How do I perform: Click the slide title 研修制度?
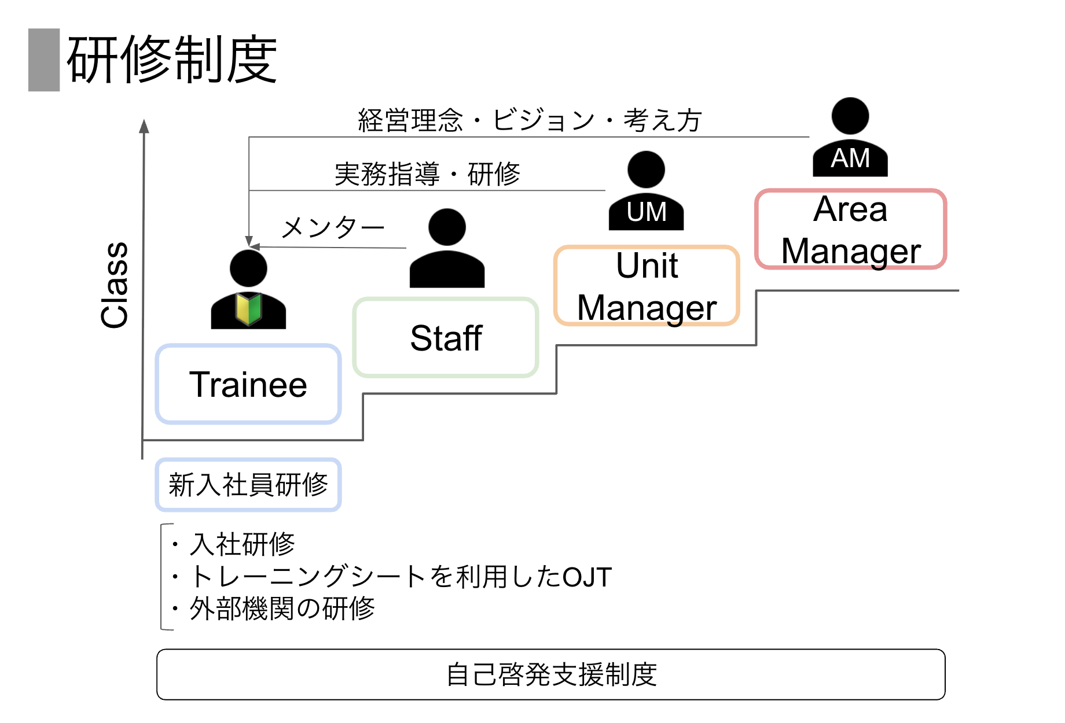point(172,60)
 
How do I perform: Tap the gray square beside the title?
point(44,60)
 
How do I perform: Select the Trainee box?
point(248,385)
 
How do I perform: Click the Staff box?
point(446,338)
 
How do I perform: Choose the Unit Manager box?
point(647,286)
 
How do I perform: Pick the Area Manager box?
point(850,230)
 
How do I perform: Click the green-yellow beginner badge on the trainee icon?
point(248,308)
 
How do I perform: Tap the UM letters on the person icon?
point(647,212)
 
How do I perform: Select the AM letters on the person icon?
point(850,158)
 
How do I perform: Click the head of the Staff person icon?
point(447,227)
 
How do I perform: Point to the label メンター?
point(333,227)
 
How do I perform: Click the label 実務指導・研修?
point(427,174)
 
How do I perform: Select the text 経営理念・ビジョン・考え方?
point(530,120)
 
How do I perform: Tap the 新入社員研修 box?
point(248,485)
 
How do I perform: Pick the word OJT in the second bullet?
point(587,577)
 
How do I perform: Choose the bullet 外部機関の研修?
point(282,608)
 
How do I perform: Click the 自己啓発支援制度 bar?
point(551,674)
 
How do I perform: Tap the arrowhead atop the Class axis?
point(144,126)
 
